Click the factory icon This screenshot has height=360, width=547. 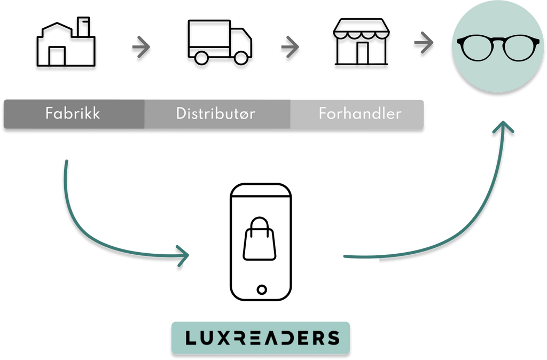coord(66,42)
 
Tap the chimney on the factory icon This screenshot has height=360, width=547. coord(83,27)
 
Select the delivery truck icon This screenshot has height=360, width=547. coord(220,42)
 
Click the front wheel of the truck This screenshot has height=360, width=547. coord(241,58)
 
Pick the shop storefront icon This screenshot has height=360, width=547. coord(361,42)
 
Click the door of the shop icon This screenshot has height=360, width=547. coord(362,53)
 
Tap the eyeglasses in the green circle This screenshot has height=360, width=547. coord(498,47)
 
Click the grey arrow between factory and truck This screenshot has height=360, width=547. coord(141,47)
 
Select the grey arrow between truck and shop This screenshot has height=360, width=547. coord(290,47)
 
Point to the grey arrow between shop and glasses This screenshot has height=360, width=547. coord(424,43)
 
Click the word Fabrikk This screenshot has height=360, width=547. coord(73,113)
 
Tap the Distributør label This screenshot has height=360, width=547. coord(216,113)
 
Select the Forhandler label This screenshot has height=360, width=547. coord(360,113)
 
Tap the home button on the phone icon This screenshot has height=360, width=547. coord(262,289)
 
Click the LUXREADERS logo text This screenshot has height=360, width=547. coord(262,338)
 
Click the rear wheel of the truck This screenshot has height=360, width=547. coord(201,58)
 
